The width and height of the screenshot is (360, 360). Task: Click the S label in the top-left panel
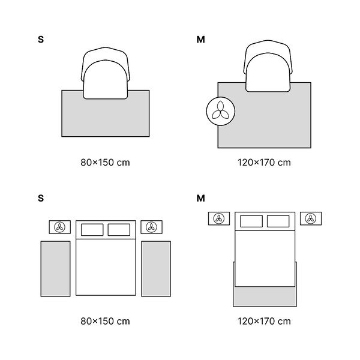(41, 40)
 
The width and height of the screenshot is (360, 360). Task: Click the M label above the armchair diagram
(200, 40)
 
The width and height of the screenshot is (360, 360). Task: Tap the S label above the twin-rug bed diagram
(41, 198)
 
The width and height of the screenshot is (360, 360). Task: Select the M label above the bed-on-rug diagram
(200, 198)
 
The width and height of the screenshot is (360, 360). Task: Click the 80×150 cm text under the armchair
(105, 163)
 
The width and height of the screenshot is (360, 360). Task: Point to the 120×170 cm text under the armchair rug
(264, 163)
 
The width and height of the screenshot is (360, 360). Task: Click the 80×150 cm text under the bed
(105, 321)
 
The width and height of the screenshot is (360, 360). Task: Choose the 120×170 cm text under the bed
(264, 321)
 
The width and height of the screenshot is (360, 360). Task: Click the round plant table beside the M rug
(221, 111)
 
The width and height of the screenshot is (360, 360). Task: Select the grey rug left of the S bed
(56, 269)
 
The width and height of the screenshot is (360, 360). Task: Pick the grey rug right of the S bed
(156, 269)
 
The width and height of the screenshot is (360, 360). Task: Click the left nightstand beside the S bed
(59, 227)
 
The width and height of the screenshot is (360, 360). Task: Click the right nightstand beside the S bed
(152, 227)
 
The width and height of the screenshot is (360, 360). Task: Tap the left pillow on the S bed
(92, 230)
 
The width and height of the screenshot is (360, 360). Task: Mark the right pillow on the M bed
(278, 221)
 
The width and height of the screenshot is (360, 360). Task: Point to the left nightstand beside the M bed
(219, 218)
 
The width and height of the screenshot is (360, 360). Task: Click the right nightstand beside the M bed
(311, 218)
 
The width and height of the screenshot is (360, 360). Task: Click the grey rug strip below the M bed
(265, 296)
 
